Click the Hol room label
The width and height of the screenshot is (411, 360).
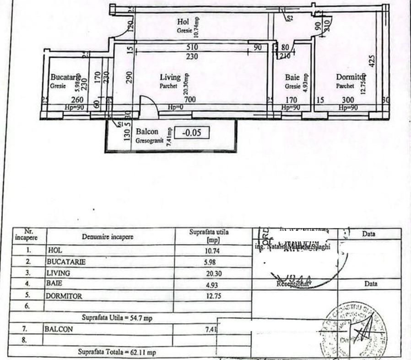[183, 22]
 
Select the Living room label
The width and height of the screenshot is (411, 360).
[170, 77]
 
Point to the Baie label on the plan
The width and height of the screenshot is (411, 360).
[292, 78]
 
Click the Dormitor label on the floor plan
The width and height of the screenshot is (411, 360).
[350, 77]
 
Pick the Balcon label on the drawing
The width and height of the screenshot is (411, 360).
[147, 132]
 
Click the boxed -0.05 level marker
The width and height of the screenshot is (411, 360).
[193, 133]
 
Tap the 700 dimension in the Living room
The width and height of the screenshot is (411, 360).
[189, 99]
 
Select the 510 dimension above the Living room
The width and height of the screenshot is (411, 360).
[192, 47]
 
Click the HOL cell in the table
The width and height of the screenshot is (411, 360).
[55, 251]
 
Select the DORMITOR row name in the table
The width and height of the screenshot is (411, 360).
[64, 296]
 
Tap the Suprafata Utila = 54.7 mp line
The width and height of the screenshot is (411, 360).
[117, 318]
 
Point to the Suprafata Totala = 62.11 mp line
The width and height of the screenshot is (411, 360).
[117, 352]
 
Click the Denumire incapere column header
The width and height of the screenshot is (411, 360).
[108, 237]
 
